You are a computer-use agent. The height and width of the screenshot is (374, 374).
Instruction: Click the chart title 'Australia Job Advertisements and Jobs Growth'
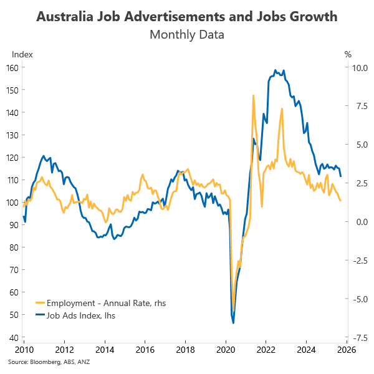pyautogui.click(x=187, y=16)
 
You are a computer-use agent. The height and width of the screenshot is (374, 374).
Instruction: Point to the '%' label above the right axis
pyautogui.click(x=348, y=54)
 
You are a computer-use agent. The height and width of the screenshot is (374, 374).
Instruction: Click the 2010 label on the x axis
pyautogui.click(x=24, y=350)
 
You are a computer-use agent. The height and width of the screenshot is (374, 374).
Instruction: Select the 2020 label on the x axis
pyautogui.click(x=226, y=350)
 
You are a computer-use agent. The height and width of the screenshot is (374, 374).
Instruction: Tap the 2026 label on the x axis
pyautogui.click(x=347, y=350)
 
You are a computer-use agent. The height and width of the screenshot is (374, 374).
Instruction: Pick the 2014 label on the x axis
pyautogui.click(x=105, y=350)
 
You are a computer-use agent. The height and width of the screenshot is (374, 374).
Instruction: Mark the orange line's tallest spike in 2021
pyautogui.click(x=254, y=95)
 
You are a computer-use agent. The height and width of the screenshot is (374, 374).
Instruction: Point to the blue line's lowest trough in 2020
pyautogui.click(x=233, y=323)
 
